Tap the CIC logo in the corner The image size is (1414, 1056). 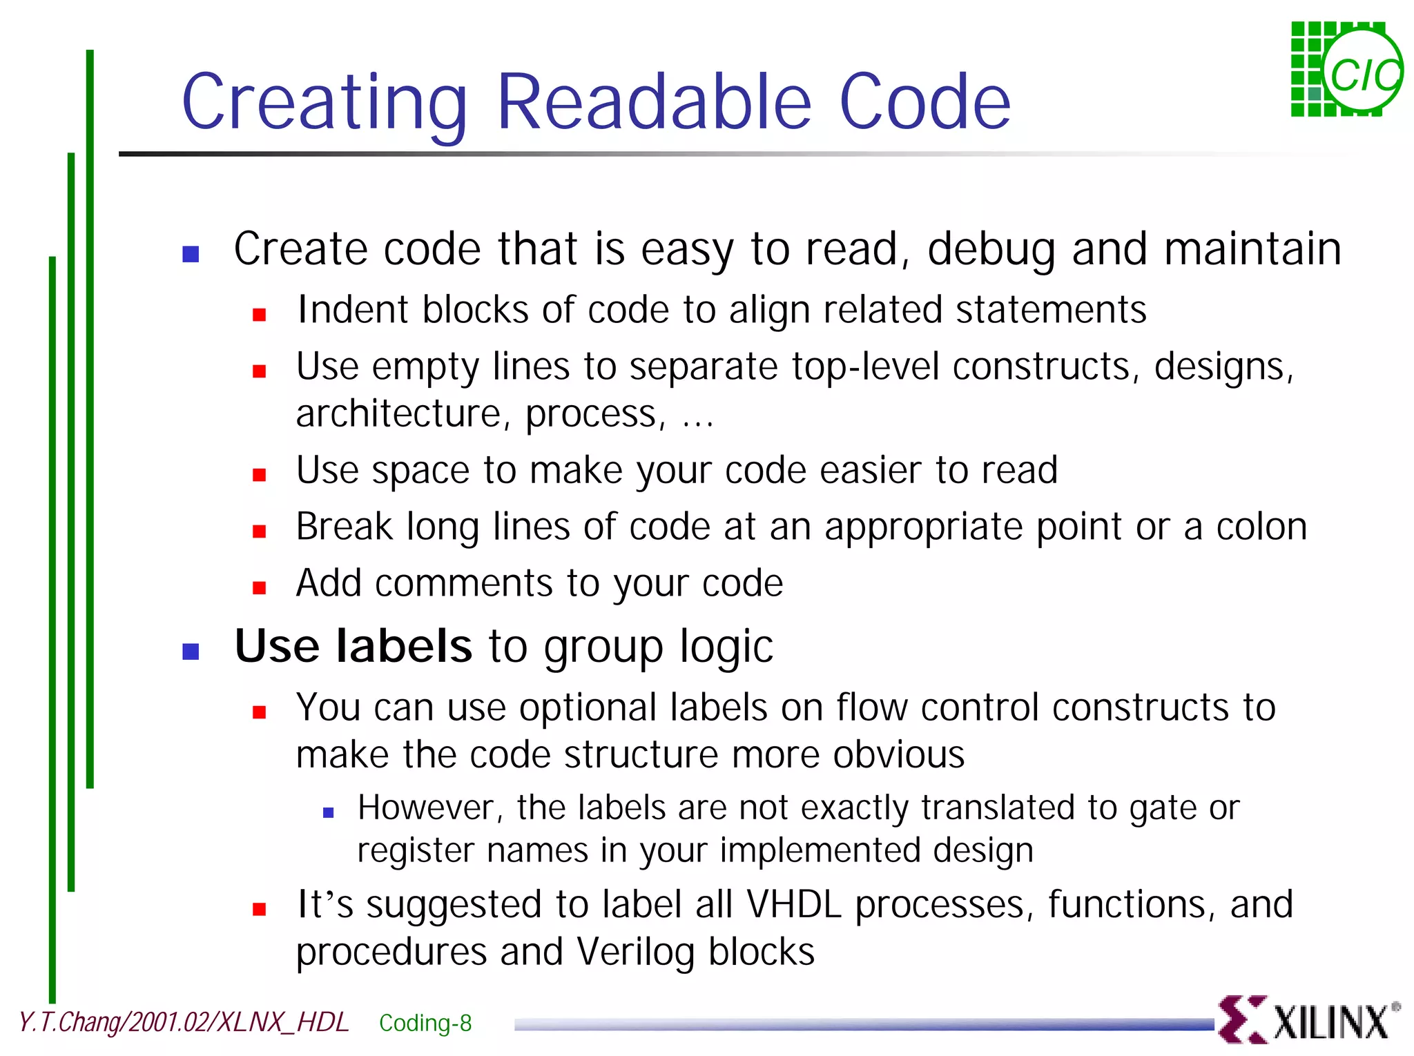(1346, 70)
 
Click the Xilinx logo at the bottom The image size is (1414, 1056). (1308, 1019)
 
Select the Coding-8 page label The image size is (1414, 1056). (425, 1023)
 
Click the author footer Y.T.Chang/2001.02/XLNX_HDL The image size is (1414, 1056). (183, 1022)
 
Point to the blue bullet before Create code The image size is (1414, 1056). (191, 255)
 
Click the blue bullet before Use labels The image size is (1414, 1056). (191, 652)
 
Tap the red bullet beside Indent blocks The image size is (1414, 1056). (260, 315)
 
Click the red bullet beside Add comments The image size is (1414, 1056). (260, 588)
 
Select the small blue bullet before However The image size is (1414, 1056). (329, 813)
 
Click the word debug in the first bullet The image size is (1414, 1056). (991, 250)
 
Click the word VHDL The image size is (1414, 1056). (794, 904)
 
